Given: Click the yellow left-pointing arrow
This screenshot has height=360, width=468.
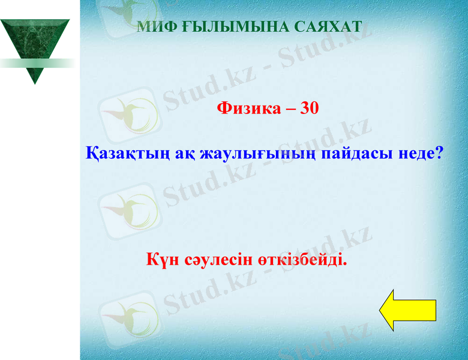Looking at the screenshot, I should (407, 310).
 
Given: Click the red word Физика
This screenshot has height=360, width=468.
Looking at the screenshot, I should (247, 108).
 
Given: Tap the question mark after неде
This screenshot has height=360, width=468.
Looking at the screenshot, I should (439, 154).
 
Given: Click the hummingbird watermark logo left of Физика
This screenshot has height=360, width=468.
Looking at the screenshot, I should (130, 114).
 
